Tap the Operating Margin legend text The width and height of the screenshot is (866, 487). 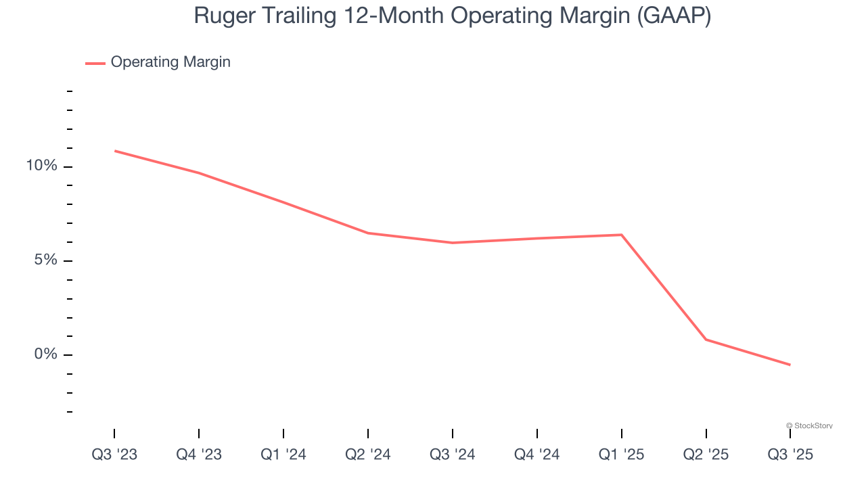(x=170, y=62)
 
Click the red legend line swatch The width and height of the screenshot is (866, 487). (x=95, y=63)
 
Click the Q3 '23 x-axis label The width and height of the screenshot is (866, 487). (x=114, y=455)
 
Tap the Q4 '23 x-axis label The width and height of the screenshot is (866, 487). (x=199, y=455)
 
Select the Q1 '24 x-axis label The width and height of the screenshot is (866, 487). (x=283, y=455)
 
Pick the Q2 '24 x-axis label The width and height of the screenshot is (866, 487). (x=368, y=455)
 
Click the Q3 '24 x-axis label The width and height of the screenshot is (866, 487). (x=453, y=455)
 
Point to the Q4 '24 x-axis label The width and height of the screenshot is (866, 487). (x=537, y=455)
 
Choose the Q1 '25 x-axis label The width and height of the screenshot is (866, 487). (x=622, y=455)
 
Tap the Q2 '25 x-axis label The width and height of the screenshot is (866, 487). (x=706, y=455)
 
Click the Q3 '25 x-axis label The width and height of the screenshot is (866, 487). (x=790, y=455)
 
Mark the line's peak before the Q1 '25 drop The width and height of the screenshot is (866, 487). (x=621, y=235)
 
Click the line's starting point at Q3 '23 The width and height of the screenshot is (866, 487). (x=115, y=151)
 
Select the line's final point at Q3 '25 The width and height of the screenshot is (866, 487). (x=790, y=365)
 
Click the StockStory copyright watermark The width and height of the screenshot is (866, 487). (x=809, y=425)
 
